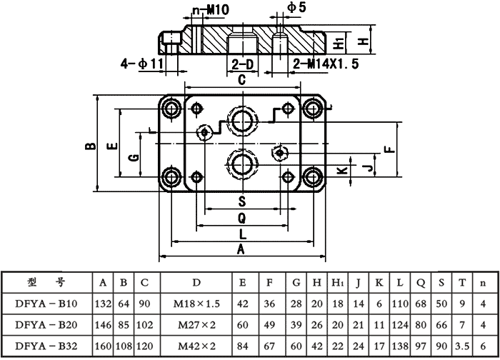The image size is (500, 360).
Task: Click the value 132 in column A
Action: (x=104, y=303)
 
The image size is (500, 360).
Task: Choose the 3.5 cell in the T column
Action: (x=461, y=345)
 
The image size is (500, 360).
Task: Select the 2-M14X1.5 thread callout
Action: (x=326, y=64)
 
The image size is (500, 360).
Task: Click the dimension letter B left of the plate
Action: (x=89, y=146)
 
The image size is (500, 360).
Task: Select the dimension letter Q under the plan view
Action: (x=241, y=216)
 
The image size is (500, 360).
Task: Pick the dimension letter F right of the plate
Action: (x=389, y=149)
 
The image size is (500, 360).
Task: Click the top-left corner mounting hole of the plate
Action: (x=171, y=109)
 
